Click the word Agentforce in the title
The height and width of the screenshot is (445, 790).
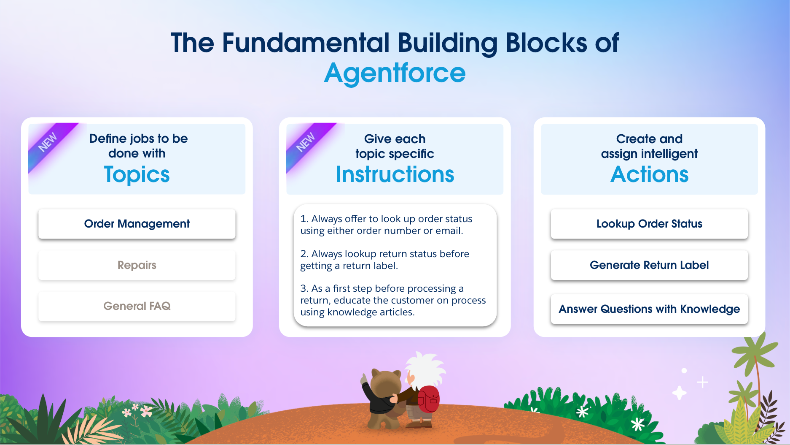[395, 73]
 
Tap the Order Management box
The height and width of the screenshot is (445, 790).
[137, 224]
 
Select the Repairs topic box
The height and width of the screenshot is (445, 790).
[137, 265]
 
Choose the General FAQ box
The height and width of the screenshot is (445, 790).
[137, 306]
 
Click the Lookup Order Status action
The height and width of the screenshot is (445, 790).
[649, 224]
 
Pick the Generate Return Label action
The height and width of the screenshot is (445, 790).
[649, 265]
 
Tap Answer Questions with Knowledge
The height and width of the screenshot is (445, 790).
[649, 309]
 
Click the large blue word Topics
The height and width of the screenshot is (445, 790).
[137, 175]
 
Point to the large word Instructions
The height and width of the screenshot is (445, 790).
[395, 174]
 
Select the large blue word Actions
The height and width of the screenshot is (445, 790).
[649, 174]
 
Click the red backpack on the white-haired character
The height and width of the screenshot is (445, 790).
[428, 399]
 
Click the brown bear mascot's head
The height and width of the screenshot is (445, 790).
[386, 382]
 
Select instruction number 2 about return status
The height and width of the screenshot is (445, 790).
[384, 260]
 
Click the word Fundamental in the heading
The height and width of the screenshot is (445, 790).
[305, 43]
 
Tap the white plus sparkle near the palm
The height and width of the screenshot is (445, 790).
[702, 382]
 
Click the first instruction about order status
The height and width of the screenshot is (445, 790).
[386, 225]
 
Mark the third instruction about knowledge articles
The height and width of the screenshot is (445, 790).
[393, 300]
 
